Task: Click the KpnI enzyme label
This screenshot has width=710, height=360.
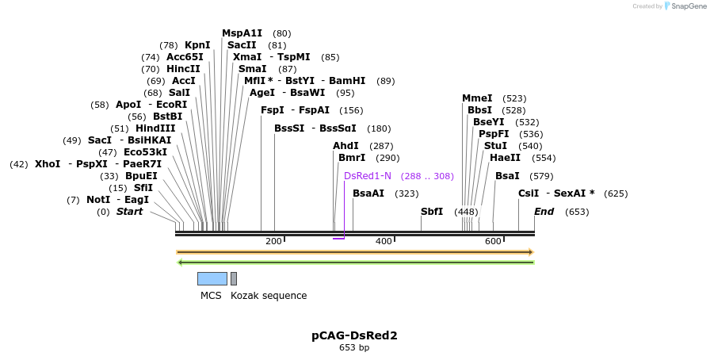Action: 197,45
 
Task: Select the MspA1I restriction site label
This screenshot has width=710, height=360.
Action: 242,33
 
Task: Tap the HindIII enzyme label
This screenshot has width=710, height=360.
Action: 155,128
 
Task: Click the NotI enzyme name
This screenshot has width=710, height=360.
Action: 98,200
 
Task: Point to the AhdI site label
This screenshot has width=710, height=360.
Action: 345,146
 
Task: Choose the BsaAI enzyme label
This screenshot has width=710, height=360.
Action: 368,193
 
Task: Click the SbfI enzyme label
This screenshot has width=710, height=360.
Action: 432,212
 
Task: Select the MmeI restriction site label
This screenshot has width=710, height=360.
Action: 477,98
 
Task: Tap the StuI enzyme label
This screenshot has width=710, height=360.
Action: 495,146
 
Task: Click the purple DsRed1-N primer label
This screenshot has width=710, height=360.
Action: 368,176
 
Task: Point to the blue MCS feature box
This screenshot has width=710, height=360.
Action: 212,278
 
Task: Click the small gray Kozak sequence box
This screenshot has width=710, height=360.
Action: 234,278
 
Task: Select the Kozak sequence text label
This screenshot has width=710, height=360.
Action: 269,296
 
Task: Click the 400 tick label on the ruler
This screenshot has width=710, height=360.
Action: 384,241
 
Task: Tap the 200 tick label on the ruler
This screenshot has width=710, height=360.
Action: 273,241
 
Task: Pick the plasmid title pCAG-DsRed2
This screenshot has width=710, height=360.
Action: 354,335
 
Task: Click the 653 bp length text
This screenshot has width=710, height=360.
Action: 354,347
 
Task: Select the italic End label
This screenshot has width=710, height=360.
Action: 544,212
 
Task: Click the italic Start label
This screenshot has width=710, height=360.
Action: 130,212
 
